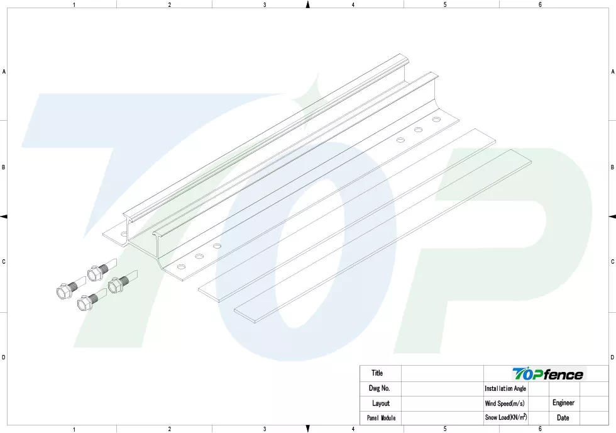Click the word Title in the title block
[377, 373]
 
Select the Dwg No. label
[379, 388]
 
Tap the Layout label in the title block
[381, 403]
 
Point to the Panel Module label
[381, 418]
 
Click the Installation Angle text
[505, 388]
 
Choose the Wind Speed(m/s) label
[504, 403]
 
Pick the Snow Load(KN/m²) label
[506, 417]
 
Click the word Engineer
[563, 403]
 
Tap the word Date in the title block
[563, 418]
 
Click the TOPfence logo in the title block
[547, 374]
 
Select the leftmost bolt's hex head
[63, 291]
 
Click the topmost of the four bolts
[102, 269]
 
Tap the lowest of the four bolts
[92, 300]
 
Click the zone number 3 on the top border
[265, 4]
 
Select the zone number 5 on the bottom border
[445, 429]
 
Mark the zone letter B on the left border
[4, 167]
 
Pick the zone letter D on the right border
[612, 357]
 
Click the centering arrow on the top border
[308, 4]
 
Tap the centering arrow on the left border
[4, 216]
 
